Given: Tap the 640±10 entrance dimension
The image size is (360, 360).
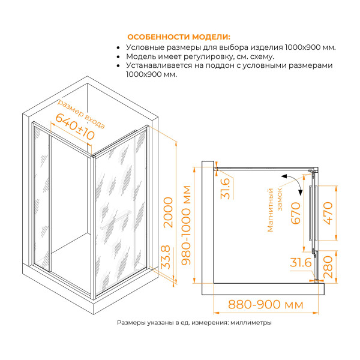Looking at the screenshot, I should (x=76, y=126).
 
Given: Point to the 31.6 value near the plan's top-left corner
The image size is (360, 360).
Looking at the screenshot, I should (x=224, y=189).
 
